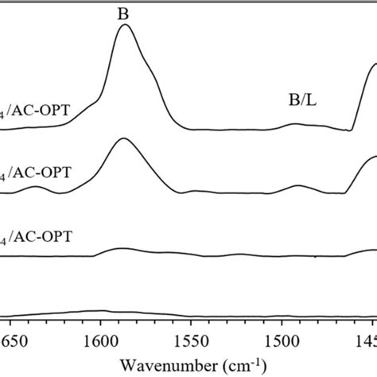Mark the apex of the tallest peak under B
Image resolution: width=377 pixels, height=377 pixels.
[x=124, y=25]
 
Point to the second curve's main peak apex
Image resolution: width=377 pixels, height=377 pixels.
[x=122, y=138]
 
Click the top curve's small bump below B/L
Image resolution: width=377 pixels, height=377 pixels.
[x=295, y=124]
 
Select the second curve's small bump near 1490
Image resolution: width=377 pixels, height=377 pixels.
[x=298, y=186]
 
